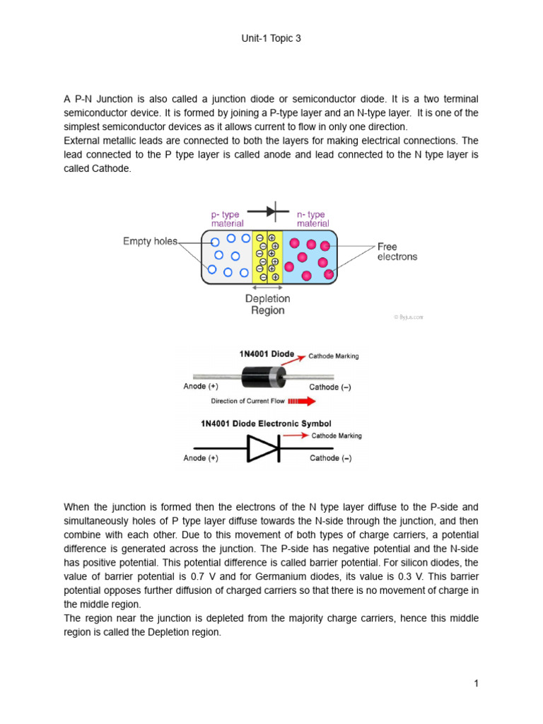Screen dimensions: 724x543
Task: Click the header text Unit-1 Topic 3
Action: [x=271, y=39]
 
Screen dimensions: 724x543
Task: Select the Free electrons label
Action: [x=397, y=252]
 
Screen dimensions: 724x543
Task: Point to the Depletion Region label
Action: [x=267, y=305]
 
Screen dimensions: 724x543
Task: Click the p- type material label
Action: [x=227, y=218]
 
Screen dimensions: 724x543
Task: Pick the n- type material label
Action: [x=313, y=218]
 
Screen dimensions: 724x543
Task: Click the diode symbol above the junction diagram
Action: [x=269, y=211]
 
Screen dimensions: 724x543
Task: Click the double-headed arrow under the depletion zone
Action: [x=267, y=288]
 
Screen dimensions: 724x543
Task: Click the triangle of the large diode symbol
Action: [x=263, y=448]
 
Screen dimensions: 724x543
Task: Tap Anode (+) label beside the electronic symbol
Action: [x=201, y=458]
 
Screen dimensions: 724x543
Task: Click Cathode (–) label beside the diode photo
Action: [x=330, y=387]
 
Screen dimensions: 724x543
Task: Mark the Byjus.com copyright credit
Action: [x=408, y=317]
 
